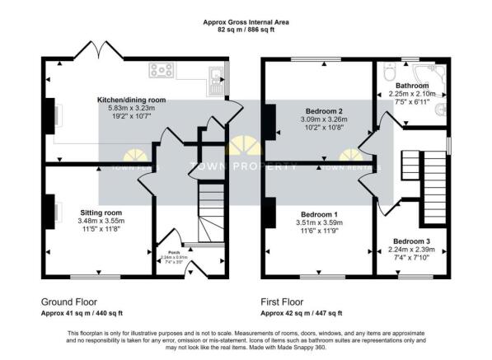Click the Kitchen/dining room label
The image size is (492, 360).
[132, 100]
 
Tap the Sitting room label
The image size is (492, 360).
[101, 212]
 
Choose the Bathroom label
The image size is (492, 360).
[410, 85]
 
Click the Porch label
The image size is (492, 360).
[174, 253]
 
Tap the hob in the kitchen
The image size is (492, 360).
[160, 71]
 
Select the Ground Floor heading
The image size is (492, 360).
[72, 302]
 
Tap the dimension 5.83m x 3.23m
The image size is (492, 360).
[132, 109]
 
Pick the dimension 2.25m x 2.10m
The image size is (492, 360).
[410, 93]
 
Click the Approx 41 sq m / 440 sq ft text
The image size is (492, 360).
[82, 314]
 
